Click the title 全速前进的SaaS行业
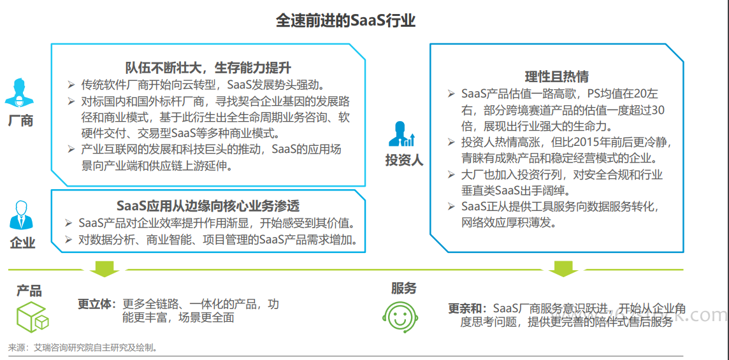tap(345, 20)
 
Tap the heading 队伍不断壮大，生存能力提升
tap(208, 68)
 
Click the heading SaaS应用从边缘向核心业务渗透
tap(208, 206)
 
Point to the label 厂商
tap(20, 121)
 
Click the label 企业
tap(22, 242)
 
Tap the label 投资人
tap(404, 161)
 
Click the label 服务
tap(403, 289)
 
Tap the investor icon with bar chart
tap(403, 134)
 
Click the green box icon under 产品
tap(32, 317)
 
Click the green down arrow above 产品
tap(104, 268)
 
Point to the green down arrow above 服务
tap(564, 268)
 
